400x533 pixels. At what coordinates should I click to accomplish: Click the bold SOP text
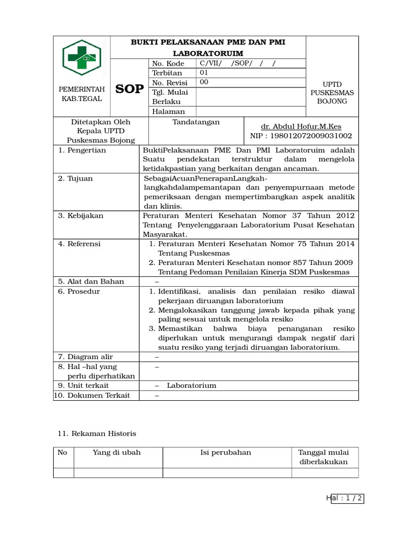129,89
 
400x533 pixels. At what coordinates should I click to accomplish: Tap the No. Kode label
165,64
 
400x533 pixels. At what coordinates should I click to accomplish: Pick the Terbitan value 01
204,73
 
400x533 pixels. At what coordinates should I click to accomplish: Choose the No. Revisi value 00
204,82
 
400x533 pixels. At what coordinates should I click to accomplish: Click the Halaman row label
168,111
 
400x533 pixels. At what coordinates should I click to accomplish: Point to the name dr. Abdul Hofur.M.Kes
301,126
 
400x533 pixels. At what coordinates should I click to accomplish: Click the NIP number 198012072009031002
301,136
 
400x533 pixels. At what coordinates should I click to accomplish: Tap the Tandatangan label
196,122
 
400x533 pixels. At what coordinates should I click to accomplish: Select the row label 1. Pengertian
82,150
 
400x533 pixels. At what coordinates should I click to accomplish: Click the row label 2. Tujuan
76,179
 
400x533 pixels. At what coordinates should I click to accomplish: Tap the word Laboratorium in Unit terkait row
191,386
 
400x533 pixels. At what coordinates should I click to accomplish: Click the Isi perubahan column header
226,452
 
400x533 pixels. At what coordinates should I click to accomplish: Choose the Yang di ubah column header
117,452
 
